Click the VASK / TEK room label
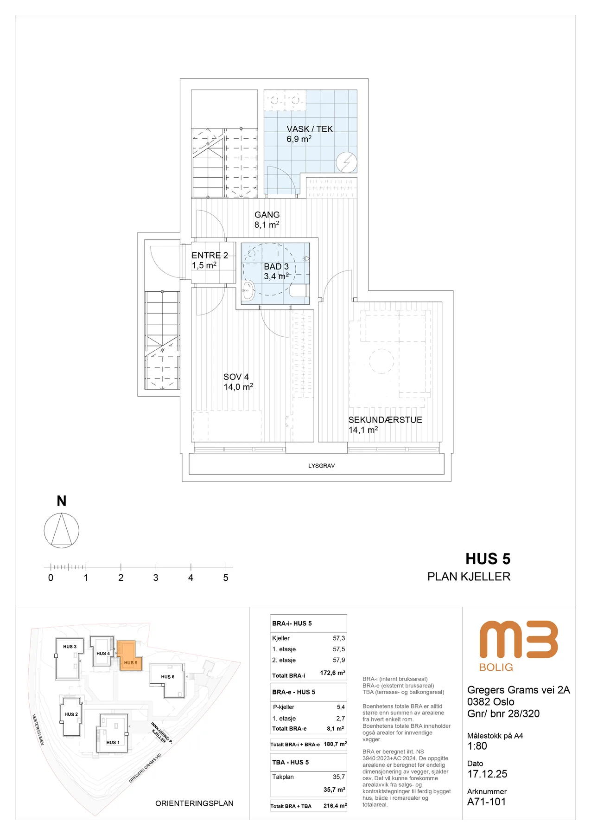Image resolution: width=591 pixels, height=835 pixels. click(310, 129)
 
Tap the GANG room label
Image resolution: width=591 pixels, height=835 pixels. click(267, 215)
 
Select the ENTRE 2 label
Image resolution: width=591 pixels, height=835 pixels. click(210, 255)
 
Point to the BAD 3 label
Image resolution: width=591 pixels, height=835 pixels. click(276, 267)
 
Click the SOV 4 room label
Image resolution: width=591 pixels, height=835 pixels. click(236, 377)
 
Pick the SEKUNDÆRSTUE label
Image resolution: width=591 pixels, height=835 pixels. click(385, 420)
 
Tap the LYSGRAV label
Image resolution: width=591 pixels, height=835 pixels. click(322, 466)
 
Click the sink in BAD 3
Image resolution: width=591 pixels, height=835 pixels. click(248, 291)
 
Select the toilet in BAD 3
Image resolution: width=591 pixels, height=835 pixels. click(299, 291)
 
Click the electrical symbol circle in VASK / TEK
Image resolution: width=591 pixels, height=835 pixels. click(347, 162)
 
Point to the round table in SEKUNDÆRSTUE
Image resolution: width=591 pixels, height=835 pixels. click(381, 361)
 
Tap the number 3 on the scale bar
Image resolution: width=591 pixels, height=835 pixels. click(156, 578)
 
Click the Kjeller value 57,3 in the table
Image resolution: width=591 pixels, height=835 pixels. click(339, 638)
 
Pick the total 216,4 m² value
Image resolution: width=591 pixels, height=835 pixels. click(335, 806)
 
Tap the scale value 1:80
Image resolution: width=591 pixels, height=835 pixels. click(477, 746)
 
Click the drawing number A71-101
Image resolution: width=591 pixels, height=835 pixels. click(487, 802)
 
